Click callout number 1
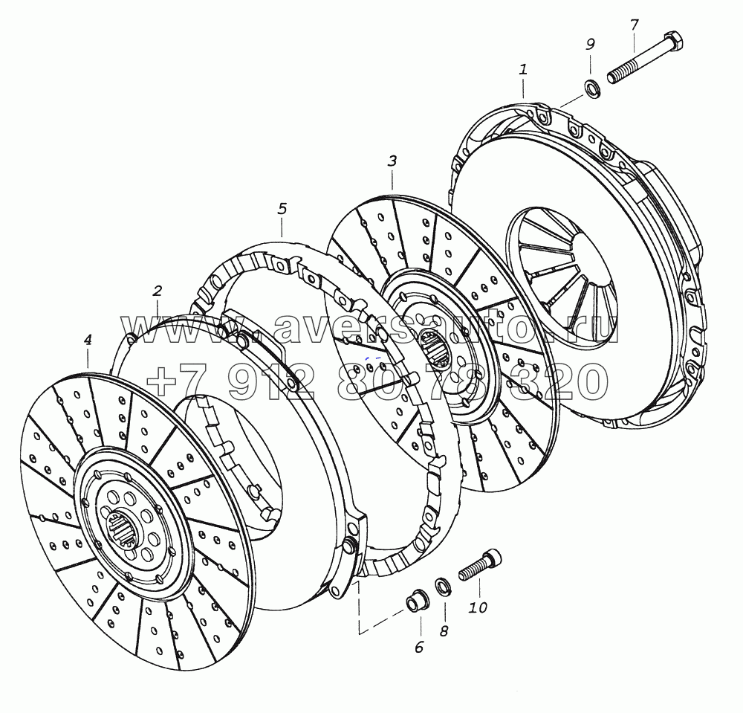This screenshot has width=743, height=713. (x=523, y=70)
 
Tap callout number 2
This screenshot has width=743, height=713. (x=158, y=291)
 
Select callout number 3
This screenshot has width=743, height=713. (x=392, y=161)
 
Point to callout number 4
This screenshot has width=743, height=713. (x=88, y=340)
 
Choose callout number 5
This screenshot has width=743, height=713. (x=282, y=209)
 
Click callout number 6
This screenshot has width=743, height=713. (x=419, y=647)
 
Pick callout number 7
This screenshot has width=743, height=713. (x=635, y=25)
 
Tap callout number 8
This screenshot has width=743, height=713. (x=444, y=631)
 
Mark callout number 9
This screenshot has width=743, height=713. (x=590, y=44)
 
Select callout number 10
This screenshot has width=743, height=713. (x=478, y=607)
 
